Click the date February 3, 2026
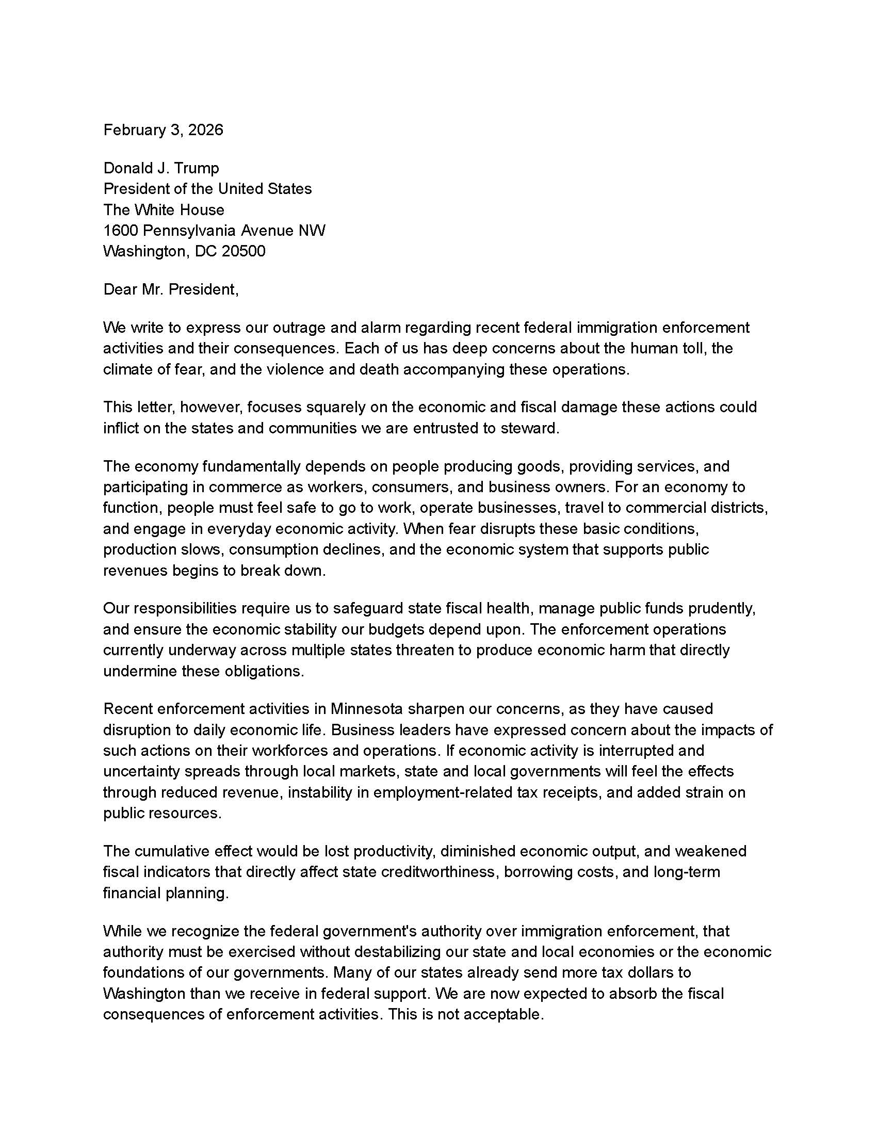coord(163,130)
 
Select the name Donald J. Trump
coord(161,168)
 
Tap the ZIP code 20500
coord(243,252)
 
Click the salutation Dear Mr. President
coord(170,289)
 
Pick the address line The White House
coord(164,210)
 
